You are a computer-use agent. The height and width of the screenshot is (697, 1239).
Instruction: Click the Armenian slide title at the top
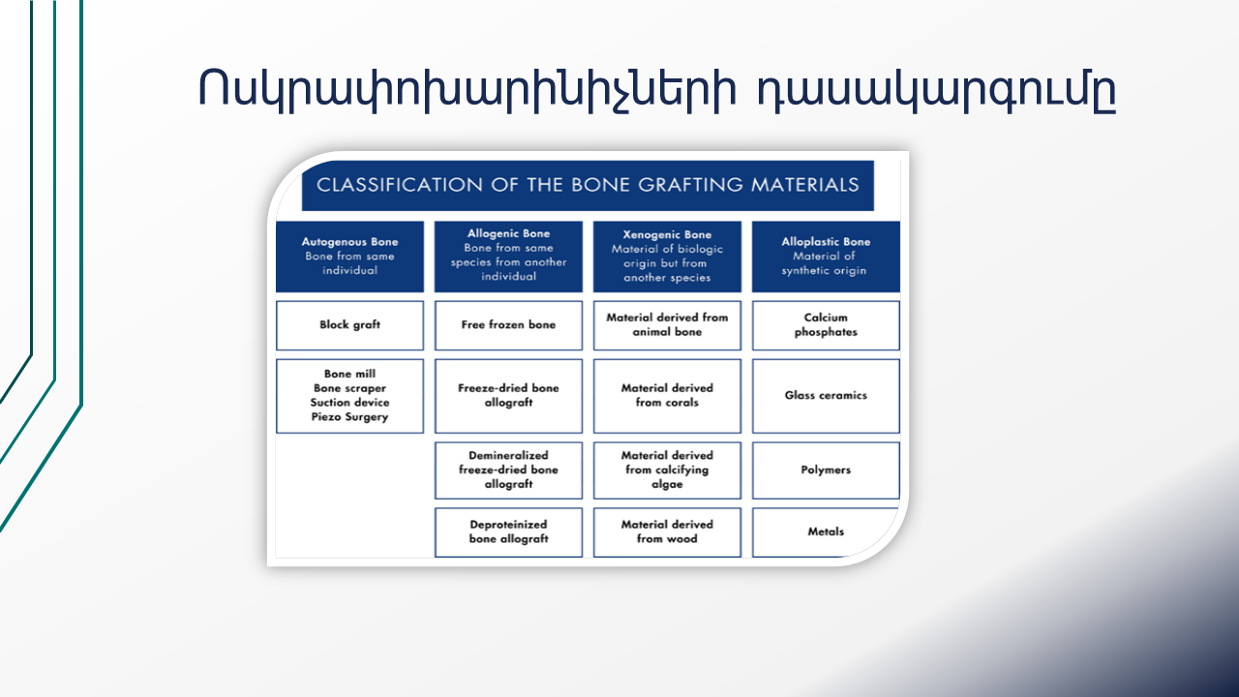click(x=657, y=90)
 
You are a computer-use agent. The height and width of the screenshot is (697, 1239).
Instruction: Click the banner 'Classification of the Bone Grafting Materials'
click(x=588, y=185)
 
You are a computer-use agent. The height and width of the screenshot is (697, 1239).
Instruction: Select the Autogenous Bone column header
click(x=349, y=257)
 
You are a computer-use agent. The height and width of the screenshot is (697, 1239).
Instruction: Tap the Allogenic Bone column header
click(x=508, y=257)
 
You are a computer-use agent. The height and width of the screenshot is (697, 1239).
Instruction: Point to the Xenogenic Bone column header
click(x=667, y=257)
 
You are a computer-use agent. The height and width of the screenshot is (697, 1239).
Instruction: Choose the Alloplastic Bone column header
click(x=826, y=257)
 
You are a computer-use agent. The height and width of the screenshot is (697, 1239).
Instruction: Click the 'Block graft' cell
click(x=349, y=325)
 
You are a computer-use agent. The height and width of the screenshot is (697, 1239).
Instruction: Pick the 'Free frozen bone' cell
click(x=508, y=325)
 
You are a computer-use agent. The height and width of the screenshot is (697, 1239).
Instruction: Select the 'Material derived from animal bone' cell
click(x=667, y=325)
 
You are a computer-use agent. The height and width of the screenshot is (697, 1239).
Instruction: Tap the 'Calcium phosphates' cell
click(x=826, y=325)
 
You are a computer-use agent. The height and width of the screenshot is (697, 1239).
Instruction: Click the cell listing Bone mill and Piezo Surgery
click(x=349, y=396)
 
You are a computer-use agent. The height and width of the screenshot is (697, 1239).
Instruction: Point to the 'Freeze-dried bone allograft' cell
click(x=508, y=396)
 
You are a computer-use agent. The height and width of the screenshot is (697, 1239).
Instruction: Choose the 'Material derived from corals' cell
click(x=667, y=396)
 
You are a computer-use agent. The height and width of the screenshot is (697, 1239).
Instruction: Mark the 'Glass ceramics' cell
click(x=826, y=396)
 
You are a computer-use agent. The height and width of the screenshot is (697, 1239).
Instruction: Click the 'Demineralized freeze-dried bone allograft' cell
click(x=508, y=470)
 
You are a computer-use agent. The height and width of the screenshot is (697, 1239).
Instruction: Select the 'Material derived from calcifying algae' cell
click(x=667, y=470)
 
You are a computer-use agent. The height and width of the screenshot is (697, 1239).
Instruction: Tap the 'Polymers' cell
click(x=826, y=470)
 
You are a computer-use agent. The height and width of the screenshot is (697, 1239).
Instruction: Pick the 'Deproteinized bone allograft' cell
click(x=508, y=532)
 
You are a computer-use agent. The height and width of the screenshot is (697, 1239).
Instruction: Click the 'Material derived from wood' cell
click(x=667, y=532)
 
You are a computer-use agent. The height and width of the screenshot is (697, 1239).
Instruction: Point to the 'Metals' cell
click(x=826, y=532)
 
